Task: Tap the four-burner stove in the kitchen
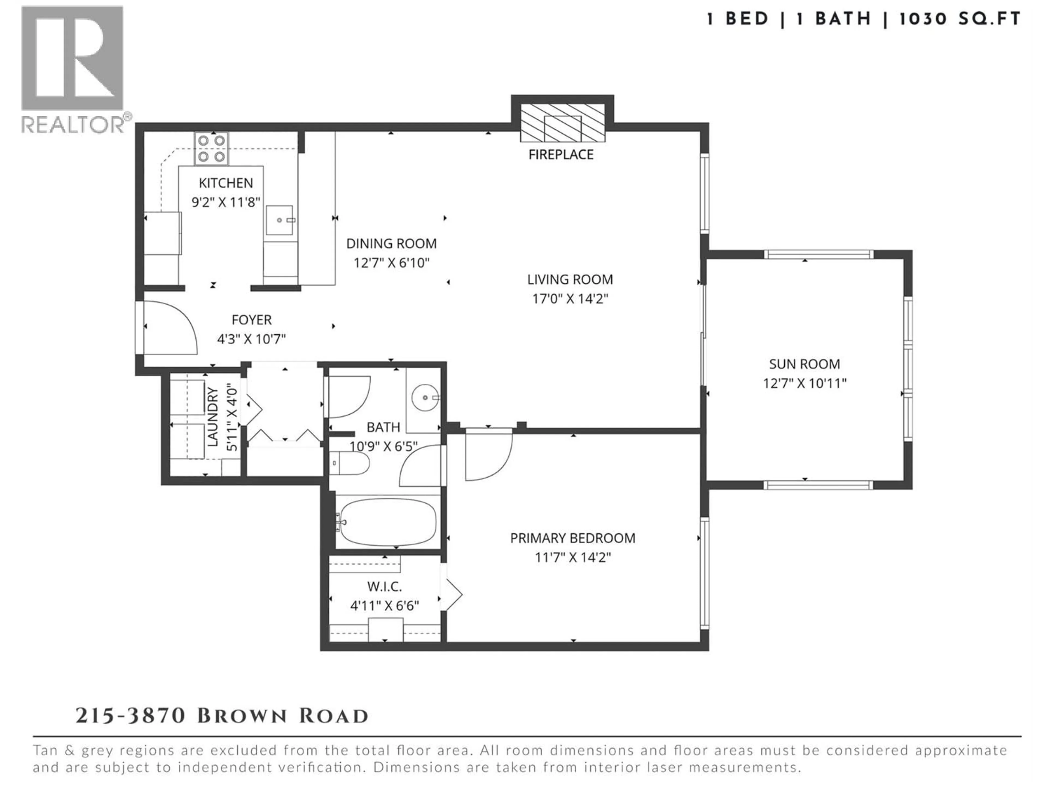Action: pyautogui.click(x=211, y=148)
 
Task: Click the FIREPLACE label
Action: pyautogui.click(x=561, y=154)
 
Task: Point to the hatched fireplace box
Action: pyautogui.click(x=562, y=123)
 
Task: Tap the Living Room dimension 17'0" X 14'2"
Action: pyautogui.click(x=570, y=299)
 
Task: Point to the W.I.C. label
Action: pyautogui.click(x=384, y=586)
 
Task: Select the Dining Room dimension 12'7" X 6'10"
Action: pyautogui.click(x=391, y=263)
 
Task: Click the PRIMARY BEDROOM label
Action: pyautogui.click(x=572, y=538)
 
